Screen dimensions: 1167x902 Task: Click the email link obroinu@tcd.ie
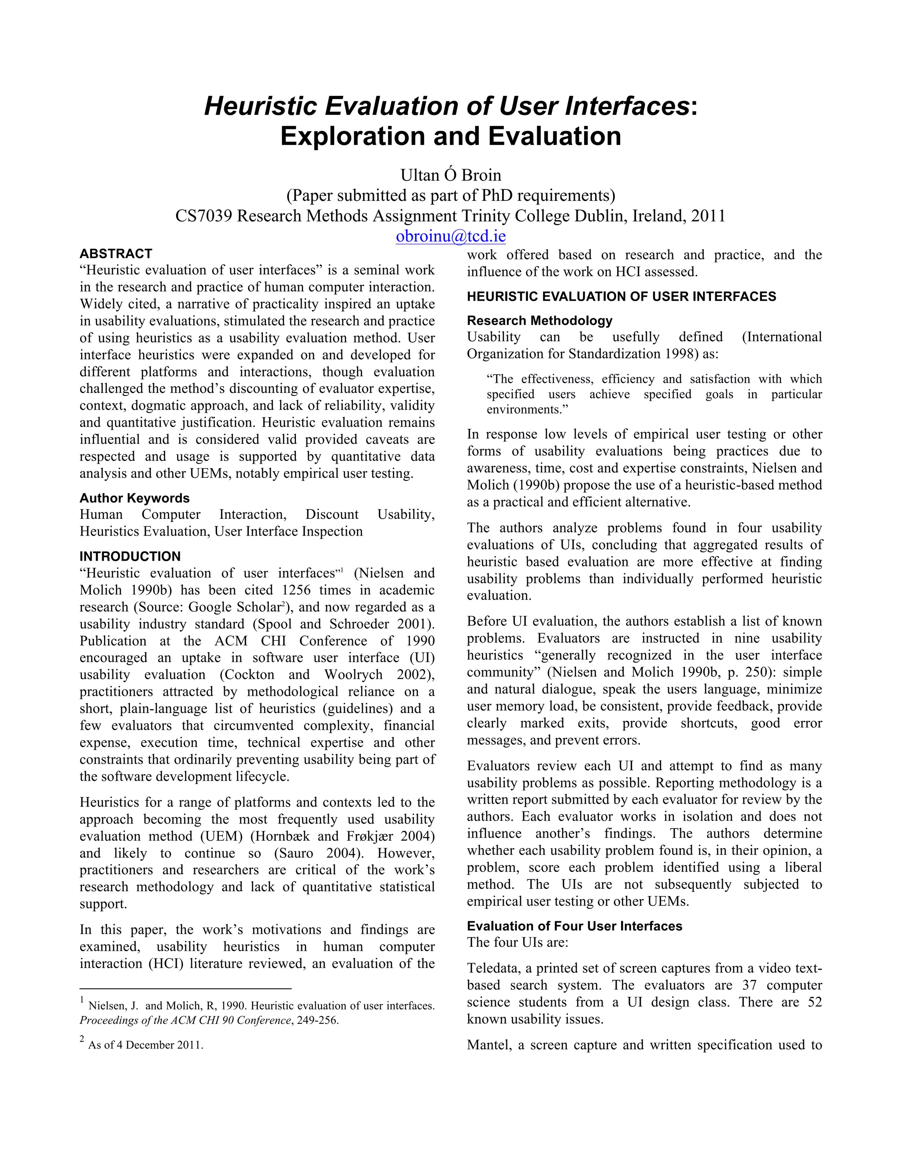click(x=451, y=236)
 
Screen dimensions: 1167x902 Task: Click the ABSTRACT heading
click(x=116, y=254)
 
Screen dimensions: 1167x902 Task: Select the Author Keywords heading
click(x=135, y=498)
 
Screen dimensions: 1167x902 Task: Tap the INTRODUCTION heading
click(x=130, y=556)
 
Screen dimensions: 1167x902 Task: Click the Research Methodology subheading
click(x=540, y=321)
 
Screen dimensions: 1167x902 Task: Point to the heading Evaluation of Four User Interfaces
click(x=574, y=926)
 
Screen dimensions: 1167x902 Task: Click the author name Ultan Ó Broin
click(x=451, y=175)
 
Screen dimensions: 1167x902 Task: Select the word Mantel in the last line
click(x=488, y=1045)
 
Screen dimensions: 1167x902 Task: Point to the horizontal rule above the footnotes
click(x=185, y=989)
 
